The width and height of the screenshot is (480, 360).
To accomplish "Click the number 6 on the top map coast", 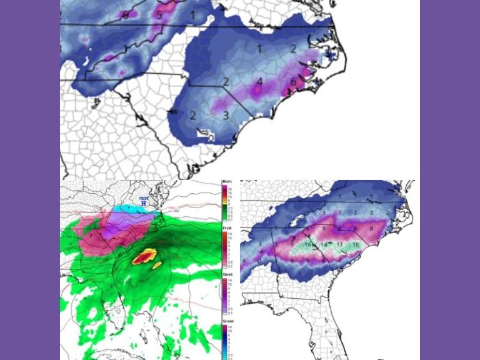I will click(293, 82).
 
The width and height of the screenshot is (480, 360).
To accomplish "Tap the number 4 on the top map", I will click(259, 82).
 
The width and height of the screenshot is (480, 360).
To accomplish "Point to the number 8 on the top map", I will click(126, 14).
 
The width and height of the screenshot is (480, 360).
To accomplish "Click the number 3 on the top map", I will click(226, 115).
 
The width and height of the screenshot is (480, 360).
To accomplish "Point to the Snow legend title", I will click(227, 321).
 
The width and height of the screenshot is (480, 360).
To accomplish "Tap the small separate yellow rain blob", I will click(157, 264).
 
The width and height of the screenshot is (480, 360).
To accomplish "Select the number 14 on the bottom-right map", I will click(324, 244).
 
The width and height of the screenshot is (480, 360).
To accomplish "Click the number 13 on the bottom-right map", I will click(339, 244).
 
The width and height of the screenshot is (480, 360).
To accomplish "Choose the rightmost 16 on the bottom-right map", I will click(356, 244).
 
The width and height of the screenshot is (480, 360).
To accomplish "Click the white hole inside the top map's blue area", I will click(203, 132).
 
